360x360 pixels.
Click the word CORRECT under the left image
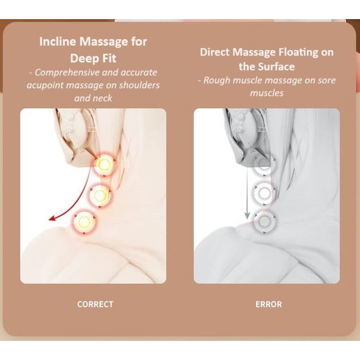(95, 304)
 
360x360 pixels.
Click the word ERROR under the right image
(268, 304)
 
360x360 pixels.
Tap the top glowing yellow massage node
(104, 164)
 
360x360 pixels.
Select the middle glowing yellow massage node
(100, 195)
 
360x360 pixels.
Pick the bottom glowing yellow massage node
(84, 221)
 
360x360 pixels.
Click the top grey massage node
(265, 165)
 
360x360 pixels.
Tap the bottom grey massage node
(264, 221)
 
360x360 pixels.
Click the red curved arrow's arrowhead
(52, 218)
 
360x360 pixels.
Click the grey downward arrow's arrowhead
(247, 216)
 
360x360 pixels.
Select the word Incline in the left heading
(57, 42)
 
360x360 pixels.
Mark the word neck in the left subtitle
(103, 98)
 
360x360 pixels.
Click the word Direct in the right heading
(215, 52)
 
